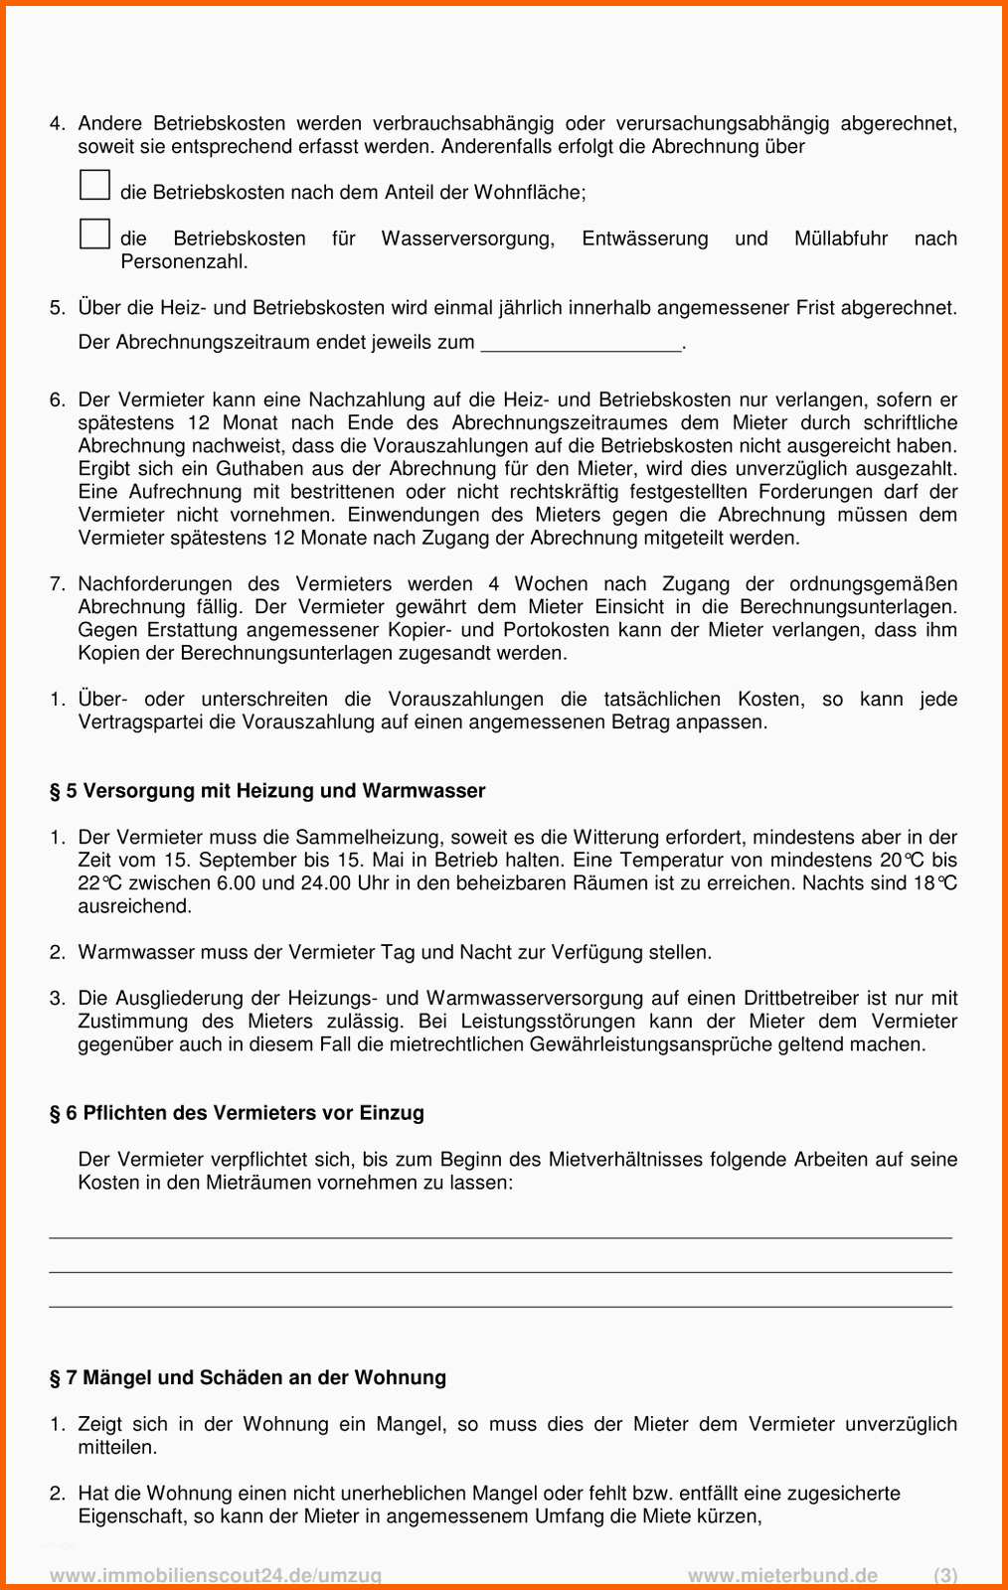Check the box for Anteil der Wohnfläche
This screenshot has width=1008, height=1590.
(94, 185)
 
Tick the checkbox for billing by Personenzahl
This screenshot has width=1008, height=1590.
(94, 234)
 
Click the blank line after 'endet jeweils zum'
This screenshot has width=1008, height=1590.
(582, 344)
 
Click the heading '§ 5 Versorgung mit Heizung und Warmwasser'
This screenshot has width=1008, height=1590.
(267, 791)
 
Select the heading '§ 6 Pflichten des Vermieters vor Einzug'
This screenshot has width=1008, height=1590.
(237, 1113)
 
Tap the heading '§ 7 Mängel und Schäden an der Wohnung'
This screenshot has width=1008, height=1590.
(248, 1377)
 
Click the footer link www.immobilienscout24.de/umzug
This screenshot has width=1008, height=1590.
(216, 1575)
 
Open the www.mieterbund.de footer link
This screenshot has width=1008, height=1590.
(783, 1575)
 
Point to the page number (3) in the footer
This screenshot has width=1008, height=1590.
(945, 1575)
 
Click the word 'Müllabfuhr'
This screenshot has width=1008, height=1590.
(841, 238)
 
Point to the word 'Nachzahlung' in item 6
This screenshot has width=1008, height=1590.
(366, 399)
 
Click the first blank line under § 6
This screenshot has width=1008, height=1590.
(500, 1236)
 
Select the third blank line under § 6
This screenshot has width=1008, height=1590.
(500, 1305)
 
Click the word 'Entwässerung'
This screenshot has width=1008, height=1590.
(645, 238)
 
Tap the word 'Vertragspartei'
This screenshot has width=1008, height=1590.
(140, 722)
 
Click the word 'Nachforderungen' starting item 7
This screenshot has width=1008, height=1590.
(155, 584)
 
